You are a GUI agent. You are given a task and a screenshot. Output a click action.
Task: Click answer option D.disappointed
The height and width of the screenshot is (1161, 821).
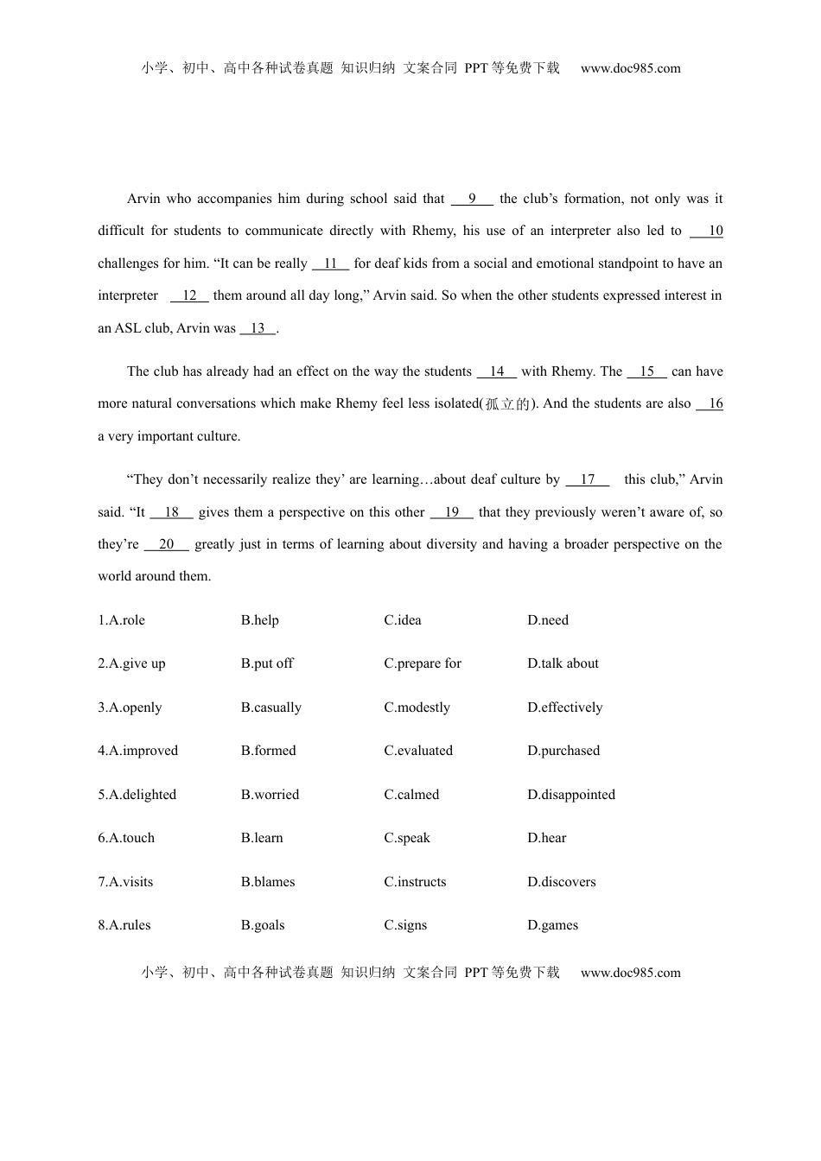[571, 795]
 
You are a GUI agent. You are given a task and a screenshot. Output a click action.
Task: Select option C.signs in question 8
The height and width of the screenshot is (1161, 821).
[405, 925]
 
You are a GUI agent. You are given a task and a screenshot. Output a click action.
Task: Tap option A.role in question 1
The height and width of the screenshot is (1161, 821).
[122, 620]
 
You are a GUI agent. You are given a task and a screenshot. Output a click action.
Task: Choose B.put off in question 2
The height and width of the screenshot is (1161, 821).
[267, 663]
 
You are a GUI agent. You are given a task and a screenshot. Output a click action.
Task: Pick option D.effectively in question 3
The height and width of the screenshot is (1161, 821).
[564, 707]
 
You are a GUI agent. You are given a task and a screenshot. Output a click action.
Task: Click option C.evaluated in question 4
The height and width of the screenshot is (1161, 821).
[418, 751]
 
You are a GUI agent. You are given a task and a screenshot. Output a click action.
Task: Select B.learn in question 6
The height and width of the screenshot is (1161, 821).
[262, 838]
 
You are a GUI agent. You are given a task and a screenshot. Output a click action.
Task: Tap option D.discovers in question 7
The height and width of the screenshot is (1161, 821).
[561, 882]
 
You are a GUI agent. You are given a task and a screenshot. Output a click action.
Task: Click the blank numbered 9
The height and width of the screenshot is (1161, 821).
[472, 199]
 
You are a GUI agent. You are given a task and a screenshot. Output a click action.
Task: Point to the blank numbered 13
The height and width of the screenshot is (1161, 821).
[258, 328]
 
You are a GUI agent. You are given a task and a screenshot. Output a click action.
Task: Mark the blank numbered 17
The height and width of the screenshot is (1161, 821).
[588, 479]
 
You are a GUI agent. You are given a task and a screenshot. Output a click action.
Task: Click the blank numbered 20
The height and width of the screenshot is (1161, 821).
[166, 544]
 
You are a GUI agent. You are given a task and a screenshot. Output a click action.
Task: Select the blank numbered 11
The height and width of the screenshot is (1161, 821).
[330, 263]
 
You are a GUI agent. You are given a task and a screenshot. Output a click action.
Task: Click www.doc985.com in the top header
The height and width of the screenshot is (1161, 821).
[630, 68]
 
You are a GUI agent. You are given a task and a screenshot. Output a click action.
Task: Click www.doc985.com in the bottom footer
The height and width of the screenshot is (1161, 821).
[630, 973]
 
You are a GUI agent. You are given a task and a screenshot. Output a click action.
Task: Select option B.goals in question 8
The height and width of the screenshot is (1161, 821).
[263, 925]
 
